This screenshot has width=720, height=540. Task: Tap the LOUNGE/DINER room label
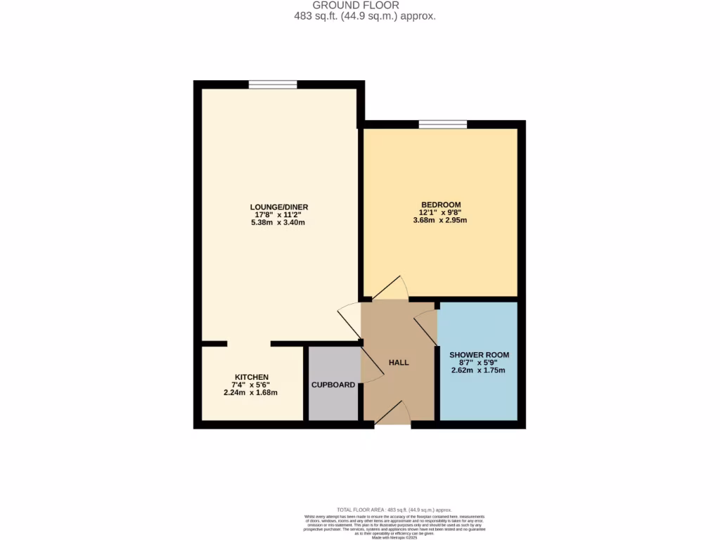279,207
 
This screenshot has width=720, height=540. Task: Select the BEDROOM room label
440,205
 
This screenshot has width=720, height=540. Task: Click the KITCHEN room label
251,377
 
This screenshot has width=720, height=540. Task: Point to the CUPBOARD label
333,385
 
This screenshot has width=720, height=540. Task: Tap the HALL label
399,363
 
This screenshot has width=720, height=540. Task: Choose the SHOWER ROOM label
479,355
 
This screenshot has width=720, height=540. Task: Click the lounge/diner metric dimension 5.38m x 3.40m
279,222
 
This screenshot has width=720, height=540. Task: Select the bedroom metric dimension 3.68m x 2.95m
440,220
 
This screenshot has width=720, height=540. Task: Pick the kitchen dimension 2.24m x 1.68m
251,392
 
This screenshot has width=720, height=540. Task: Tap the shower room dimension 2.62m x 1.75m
479,371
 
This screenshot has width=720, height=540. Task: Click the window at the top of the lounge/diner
272,85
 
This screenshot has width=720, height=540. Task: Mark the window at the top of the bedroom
443,125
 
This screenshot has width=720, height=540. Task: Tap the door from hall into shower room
425,325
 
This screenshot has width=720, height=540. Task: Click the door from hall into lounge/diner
349,321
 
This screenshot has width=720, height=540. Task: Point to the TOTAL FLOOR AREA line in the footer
394,509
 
